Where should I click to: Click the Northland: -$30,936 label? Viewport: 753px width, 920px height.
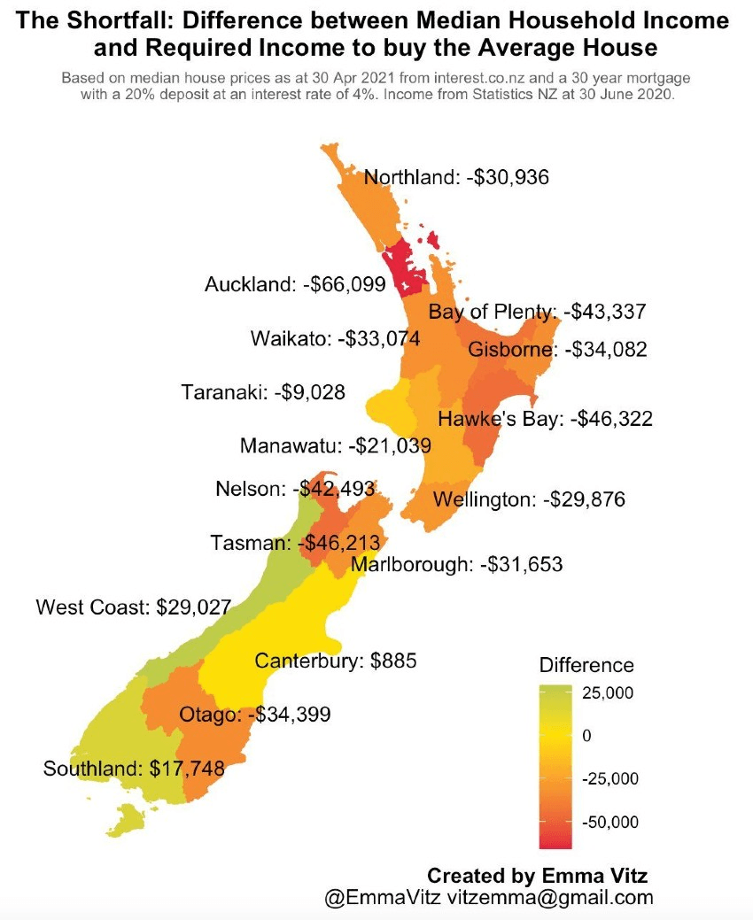457,177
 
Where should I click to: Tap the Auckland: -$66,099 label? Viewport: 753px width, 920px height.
295,284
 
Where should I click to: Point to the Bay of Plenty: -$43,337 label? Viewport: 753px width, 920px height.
537,312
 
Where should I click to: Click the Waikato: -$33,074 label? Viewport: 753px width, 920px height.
335,339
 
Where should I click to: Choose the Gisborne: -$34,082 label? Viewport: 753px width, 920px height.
557,350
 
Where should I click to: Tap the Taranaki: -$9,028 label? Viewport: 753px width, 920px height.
263,391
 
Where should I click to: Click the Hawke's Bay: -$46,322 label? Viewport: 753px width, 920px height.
545,419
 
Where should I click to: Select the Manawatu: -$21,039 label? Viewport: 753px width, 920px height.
335,445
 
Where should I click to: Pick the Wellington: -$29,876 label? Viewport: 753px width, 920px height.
529,499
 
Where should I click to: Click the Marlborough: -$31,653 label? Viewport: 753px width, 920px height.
456,563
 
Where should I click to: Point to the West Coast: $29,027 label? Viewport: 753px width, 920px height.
133,607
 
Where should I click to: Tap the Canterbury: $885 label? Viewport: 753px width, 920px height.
336,661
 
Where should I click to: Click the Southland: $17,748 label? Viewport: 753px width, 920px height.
133,769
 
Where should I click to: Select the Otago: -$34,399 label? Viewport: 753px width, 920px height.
255,714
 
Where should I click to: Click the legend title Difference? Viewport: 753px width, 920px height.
586,665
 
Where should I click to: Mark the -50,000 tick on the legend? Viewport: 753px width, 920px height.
609,822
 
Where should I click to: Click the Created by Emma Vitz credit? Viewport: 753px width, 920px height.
538,876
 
